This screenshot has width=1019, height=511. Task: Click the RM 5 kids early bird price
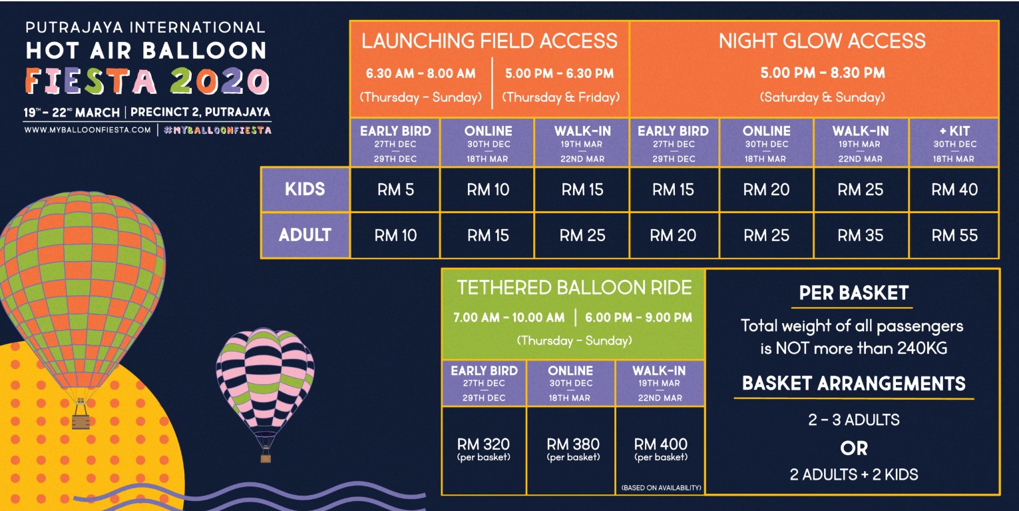click(x=395, y=189)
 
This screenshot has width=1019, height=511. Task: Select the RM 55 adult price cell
click(x=954, y=235)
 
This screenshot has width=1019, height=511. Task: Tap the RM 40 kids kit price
click(x=954, y=189)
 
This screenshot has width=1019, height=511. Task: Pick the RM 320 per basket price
click(x=483, y=444)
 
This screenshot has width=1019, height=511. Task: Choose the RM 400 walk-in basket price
click(x=660, y=444)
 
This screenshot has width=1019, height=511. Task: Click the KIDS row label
click(x=305, y=189)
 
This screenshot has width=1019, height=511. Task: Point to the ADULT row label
click(x=305, y=235)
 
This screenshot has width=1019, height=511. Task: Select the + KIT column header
click(x=954, y=131)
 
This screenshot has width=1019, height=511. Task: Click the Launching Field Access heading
click(x=489, y=41)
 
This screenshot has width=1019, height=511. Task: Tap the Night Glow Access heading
click(x=822, y=41)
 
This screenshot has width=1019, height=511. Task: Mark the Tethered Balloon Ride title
click(x=574, y=288)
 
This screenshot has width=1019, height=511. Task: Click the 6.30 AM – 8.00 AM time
click(x=421, y=73)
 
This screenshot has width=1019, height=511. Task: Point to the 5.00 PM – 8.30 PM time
click(x=823, y=73)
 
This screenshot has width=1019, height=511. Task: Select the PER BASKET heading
click(x=854, y=293)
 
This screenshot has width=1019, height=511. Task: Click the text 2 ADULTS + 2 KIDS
click(x=854, y=474)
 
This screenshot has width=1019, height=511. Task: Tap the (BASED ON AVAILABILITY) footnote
click(x=662, y=488)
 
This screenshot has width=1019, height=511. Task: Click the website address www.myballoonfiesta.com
click(x=87, y=130)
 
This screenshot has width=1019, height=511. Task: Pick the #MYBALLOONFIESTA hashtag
click(x=218, y=131)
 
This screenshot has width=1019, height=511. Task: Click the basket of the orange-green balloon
click(x=81, y=418)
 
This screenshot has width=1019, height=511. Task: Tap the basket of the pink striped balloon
click(x=266, y=456)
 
